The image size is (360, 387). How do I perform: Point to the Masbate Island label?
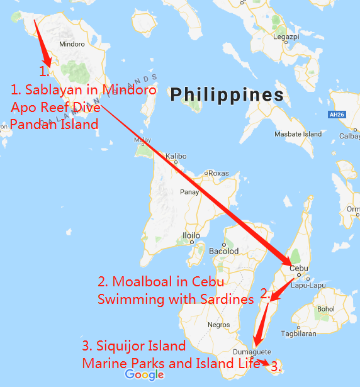(298, 134)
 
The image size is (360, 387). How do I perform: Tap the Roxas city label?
(218, 173)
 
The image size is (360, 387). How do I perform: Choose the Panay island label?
(189, 192)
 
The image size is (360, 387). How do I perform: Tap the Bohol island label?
(325, 309)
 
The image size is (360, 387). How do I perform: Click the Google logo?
(144, 375)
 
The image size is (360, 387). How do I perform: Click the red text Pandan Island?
(55, 124)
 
